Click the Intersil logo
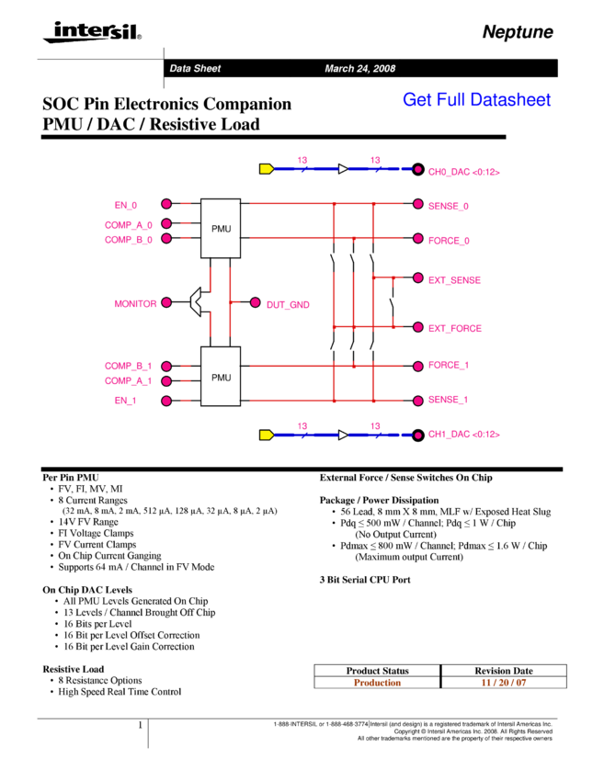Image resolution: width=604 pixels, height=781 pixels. point(89,32)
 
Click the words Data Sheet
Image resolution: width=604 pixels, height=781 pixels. point(195,69)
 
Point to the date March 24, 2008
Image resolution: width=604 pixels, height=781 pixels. point(359,69)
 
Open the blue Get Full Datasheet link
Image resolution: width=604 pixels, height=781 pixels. point(476,99)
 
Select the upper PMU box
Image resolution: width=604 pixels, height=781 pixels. point(221,228)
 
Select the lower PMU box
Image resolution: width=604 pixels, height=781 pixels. point(221,377)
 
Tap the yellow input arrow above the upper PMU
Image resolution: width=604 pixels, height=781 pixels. point(266,169)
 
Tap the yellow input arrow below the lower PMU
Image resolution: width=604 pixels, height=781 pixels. point(266,435)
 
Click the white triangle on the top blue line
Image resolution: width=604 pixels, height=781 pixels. point(343,169)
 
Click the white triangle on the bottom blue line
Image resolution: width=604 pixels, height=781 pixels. point(343,435)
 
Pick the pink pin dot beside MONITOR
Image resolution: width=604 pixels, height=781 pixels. point(166,302)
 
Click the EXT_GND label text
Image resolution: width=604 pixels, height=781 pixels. point(288,304)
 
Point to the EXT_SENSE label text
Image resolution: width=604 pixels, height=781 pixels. point(454,279)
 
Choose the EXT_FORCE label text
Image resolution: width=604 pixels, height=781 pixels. point(454,328)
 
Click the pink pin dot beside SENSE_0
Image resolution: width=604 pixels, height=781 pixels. point(418,204)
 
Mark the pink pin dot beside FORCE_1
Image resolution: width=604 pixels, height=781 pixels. point(418,366)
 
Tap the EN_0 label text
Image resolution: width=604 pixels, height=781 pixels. point(126,205)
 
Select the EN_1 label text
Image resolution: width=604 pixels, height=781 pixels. point(126,401)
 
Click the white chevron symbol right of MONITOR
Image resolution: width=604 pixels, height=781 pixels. point(196,302)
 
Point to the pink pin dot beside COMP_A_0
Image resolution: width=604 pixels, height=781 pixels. point(166,223)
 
